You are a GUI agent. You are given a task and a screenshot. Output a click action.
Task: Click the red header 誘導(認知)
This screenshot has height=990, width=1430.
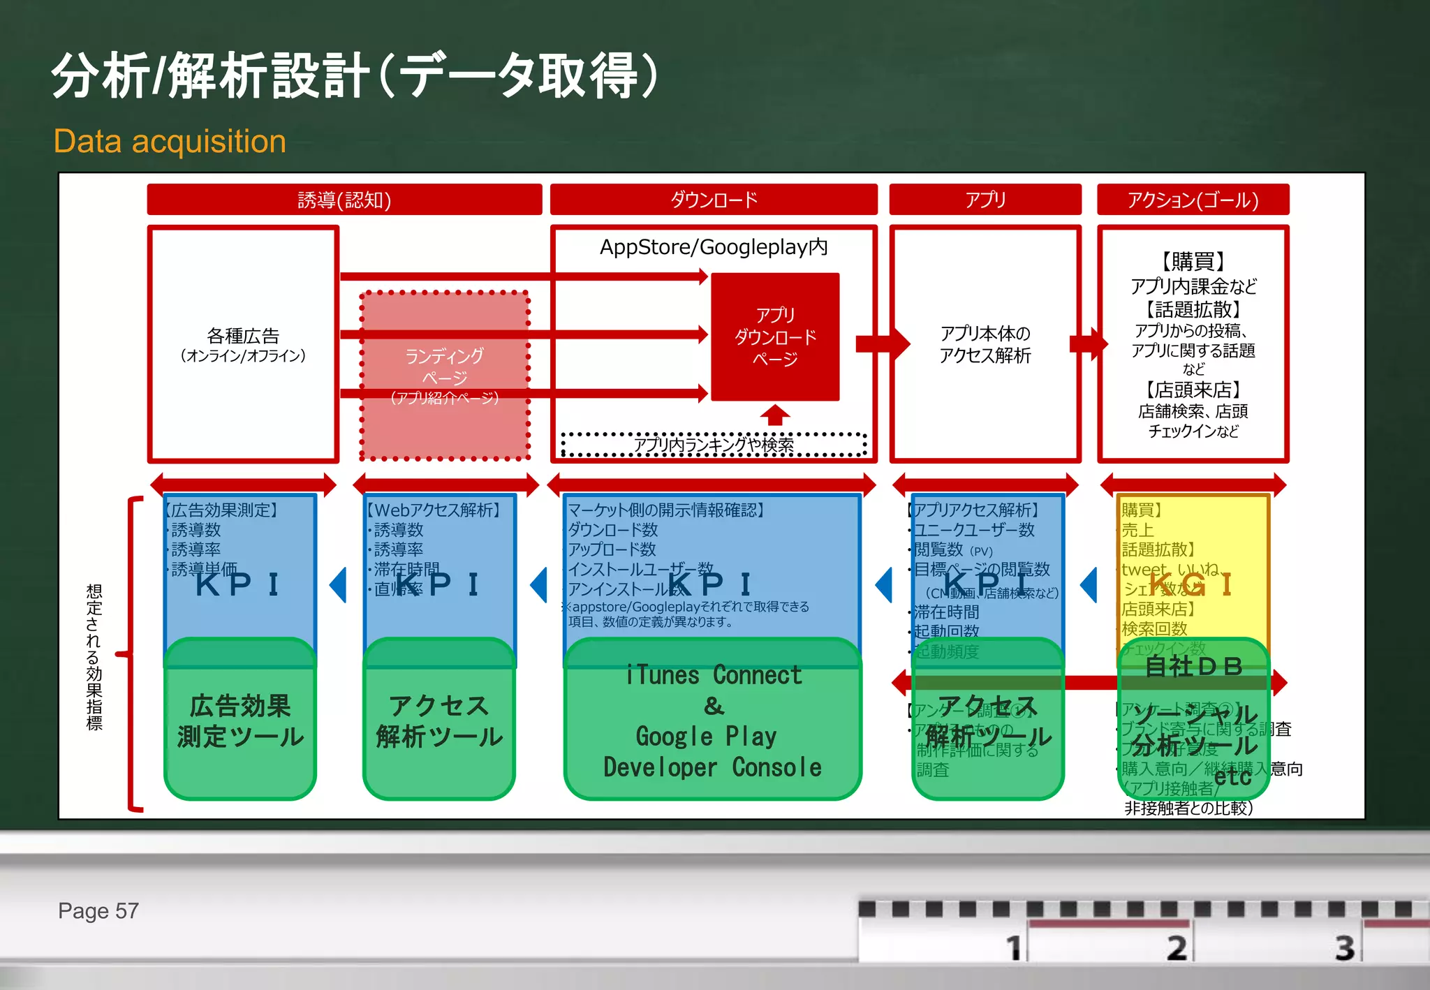344,200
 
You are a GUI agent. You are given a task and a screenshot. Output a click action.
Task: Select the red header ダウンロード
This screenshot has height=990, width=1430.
713,200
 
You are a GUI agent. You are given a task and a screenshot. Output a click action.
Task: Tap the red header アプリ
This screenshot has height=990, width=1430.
985,200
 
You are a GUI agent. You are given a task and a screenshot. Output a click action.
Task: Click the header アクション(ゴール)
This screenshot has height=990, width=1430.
1193,200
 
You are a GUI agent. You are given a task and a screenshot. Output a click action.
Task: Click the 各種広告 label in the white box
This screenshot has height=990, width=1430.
243,337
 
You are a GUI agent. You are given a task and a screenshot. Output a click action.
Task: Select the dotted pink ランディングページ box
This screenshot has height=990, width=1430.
444,376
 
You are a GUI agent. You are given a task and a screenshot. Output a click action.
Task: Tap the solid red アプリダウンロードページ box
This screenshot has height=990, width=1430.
775,337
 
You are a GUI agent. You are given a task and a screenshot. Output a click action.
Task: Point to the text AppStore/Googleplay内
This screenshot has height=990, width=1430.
713,247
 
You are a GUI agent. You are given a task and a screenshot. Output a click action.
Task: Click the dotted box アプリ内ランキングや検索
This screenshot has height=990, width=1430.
713,445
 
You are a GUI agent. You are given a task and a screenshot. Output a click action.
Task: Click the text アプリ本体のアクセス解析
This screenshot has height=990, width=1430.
985,344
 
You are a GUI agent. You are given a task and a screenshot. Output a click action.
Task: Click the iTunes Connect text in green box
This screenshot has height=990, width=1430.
713,675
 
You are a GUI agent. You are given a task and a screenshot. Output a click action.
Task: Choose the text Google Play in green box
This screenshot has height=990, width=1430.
706,736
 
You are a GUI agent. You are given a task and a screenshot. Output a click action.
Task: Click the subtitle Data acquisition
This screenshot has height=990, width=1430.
170,142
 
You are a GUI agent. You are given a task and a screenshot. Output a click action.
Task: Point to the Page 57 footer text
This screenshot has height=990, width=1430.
98,911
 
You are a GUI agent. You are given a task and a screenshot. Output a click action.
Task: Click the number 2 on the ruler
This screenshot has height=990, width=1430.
1177,947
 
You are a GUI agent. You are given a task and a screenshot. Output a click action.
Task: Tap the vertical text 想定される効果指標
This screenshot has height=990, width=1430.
94,656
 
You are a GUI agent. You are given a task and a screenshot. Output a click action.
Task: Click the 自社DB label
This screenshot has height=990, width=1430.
1194,666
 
